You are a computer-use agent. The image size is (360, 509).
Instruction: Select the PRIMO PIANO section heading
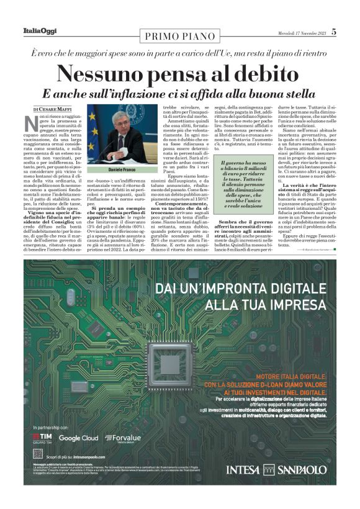[x=180, y=37]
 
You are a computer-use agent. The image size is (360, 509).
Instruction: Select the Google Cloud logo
[x=79, y=438]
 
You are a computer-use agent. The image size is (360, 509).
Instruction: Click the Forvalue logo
[x=123, y=438]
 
